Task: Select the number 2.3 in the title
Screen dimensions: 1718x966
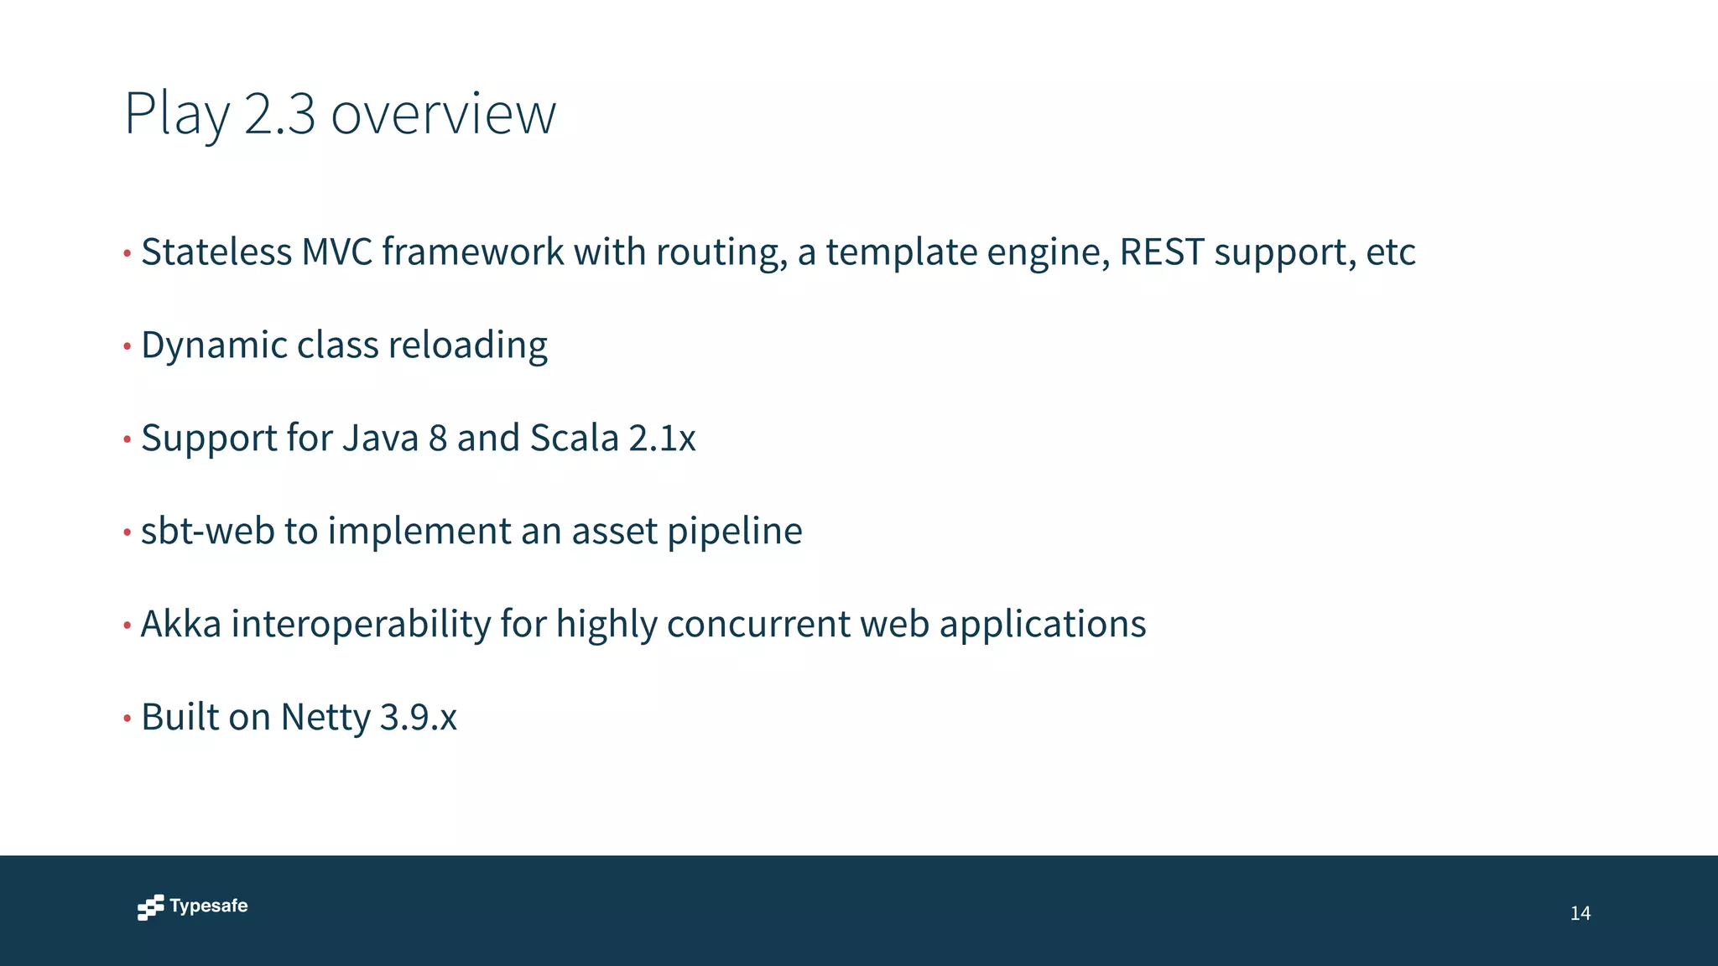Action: [x=280, y=114]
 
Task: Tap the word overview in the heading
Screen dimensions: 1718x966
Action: [x=443, y=114]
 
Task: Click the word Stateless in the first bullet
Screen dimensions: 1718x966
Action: [x=216, y=252]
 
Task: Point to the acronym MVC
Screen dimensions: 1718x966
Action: [x=337, y=252]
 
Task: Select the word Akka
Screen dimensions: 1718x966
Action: [x=181, y=624]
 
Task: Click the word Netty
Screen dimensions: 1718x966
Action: [x=325, y=718]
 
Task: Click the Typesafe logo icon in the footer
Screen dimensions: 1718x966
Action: [x=151, y=907]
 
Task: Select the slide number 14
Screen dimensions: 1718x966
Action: [x=1580, y=913]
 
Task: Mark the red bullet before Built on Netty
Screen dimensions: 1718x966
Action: [x=128, y=719]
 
